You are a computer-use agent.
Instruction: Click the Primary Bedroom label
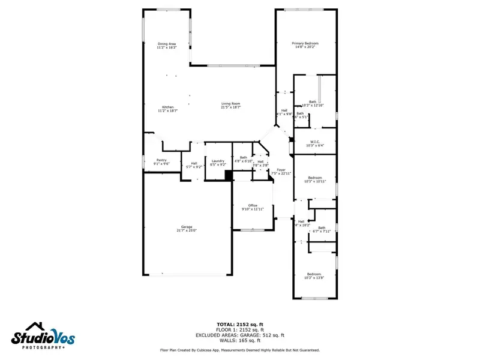click(x=305, y=45)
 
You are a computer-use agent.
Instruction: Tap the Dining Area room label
click(x=167, y=45)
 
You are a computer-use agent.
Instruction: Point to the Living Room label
click(x=230, y=105)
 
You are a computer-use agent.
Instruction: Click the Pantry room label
click(x=161, y=161)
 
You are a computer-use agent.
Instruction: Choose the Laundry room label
click(x=218, y=161)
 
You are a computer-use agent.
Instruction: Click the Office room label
click(x=253, y=207)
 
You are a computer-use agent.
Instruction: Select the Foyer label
click(x=281, y=172)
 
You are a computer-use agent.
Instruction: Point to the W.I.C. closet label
click(x=314, y=143)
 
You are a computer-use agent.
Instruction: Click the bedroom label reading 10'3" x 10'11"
click(x=314, y=179)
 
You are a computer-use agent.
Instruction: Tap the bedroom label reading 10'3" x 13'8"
click(x=314, y=275)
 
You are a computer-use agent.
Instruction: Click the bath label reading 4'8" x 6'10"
click(x=243, y=159)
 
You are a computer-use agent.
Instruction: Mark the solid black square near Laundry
click(x=228, y=175)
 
